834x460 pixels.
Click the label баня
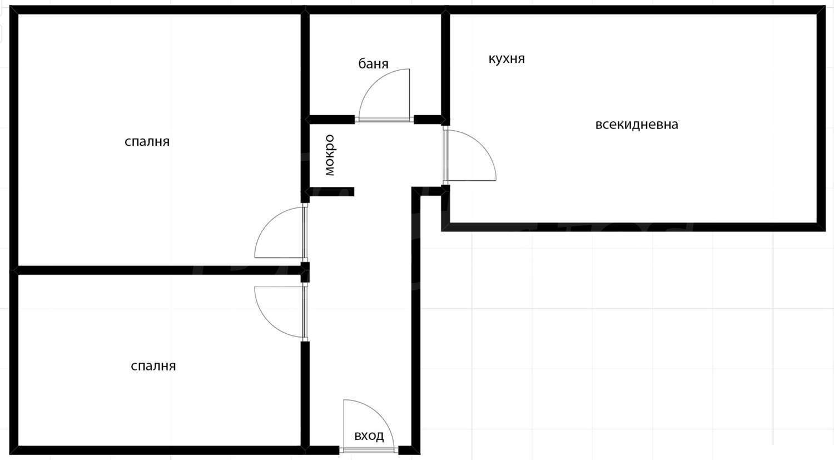pyautogui.click(x=373, y=64)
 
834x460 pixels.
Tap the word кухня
pyautogui.click(x=507, y=58)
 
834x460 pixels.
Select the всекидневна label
pyautogui.click(x=637, y=124)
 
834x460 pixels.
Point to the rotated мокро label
pyautogui.click(x=330, y=155)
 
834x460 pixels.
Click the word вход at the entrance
pyautogui.click(x=369, y=436)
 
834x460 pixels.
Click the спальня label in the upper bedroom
pyautogui.click(x=147, y=141)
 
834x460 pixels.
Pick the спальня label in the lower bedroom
pyautogui.click(x=153, y=366)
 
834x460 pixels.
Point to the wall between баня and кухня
pyautogui.click(x=445, y=65)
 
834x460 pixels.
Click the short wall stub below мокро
pyautogui.click(x=330, y=191)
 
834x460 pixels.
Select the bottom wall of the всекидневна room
pyautogui.click(x=633, y=227)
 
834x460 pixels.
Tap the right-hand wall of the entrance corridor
pyautogui.click(x=416, y=320)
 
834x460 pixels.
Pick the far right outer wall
pyautogui.click(x=821, y=118)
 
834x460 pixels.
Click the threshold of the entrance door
pyautogui.click(x=369, y=451)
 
